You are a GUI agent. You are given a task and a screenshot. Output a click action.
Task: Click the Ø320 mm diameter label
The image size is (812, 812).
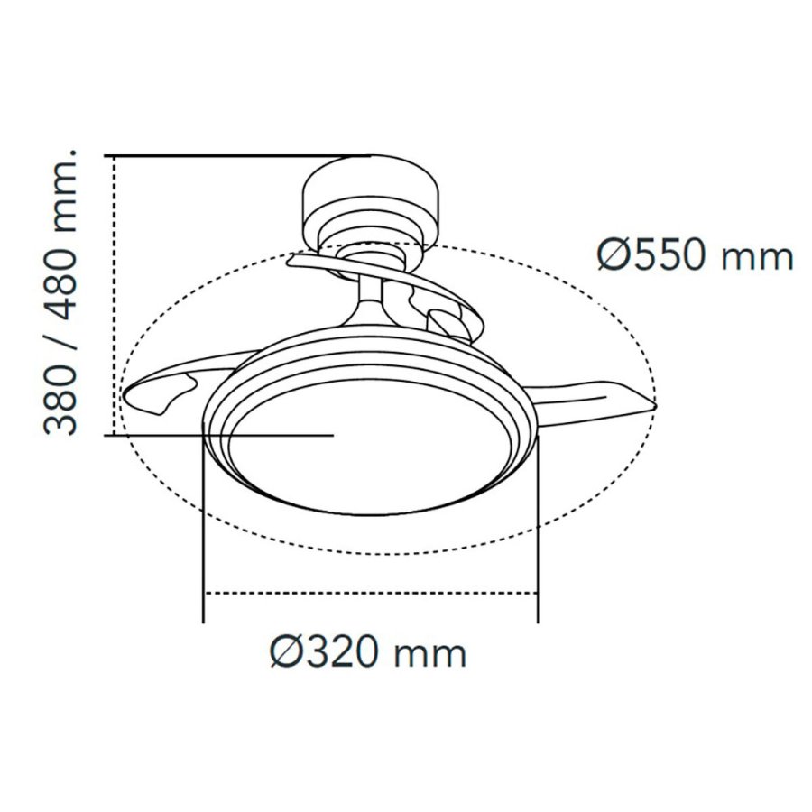368,651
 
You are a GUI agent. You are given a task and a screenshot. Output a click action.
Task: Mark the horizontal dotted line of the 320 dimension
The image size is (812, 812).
370,593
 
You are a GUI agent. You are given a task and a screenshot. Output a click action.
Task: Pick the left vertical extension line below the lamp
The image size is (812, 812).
204,541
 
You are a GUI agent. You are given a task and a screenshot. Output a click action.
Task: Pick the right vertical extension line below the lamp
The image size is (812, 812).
538,541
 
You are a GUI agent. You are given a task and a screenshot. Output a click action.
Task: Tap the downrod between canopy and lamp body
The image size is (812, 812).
371,298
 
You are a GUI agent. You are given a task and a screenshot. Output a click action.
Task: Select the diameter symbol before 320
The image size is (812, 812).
287,651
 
